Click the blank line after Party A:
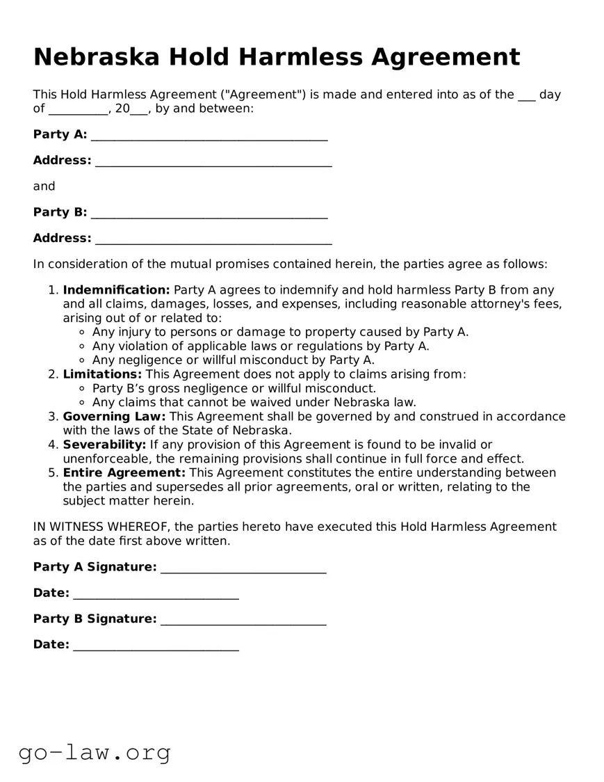[x=209, y=136]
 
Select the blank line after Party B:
[x=209, y=214]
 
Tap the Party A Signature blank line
[x=243, y=568]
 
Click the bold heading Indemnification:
[x=116, y=290]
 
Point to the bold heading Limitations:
[x=102, y=374]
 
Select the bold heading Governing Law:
[x=114, y=417]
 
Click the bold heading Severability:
[x=104, y=445]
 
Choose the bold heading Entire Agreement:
[x=124, y=473]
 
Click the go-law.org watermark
[x=95, y=752]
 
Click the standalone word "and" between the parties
[x=44, y=186]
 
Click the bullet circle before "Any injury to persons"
[x=83, y=333]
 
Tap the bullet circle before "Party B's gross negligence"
[x=83, y=389]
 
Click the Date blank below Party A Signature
[x=156, y=595]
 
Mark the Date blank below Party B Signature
[x=156, y=646]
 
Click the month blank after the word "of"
[x=78, y=110]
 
